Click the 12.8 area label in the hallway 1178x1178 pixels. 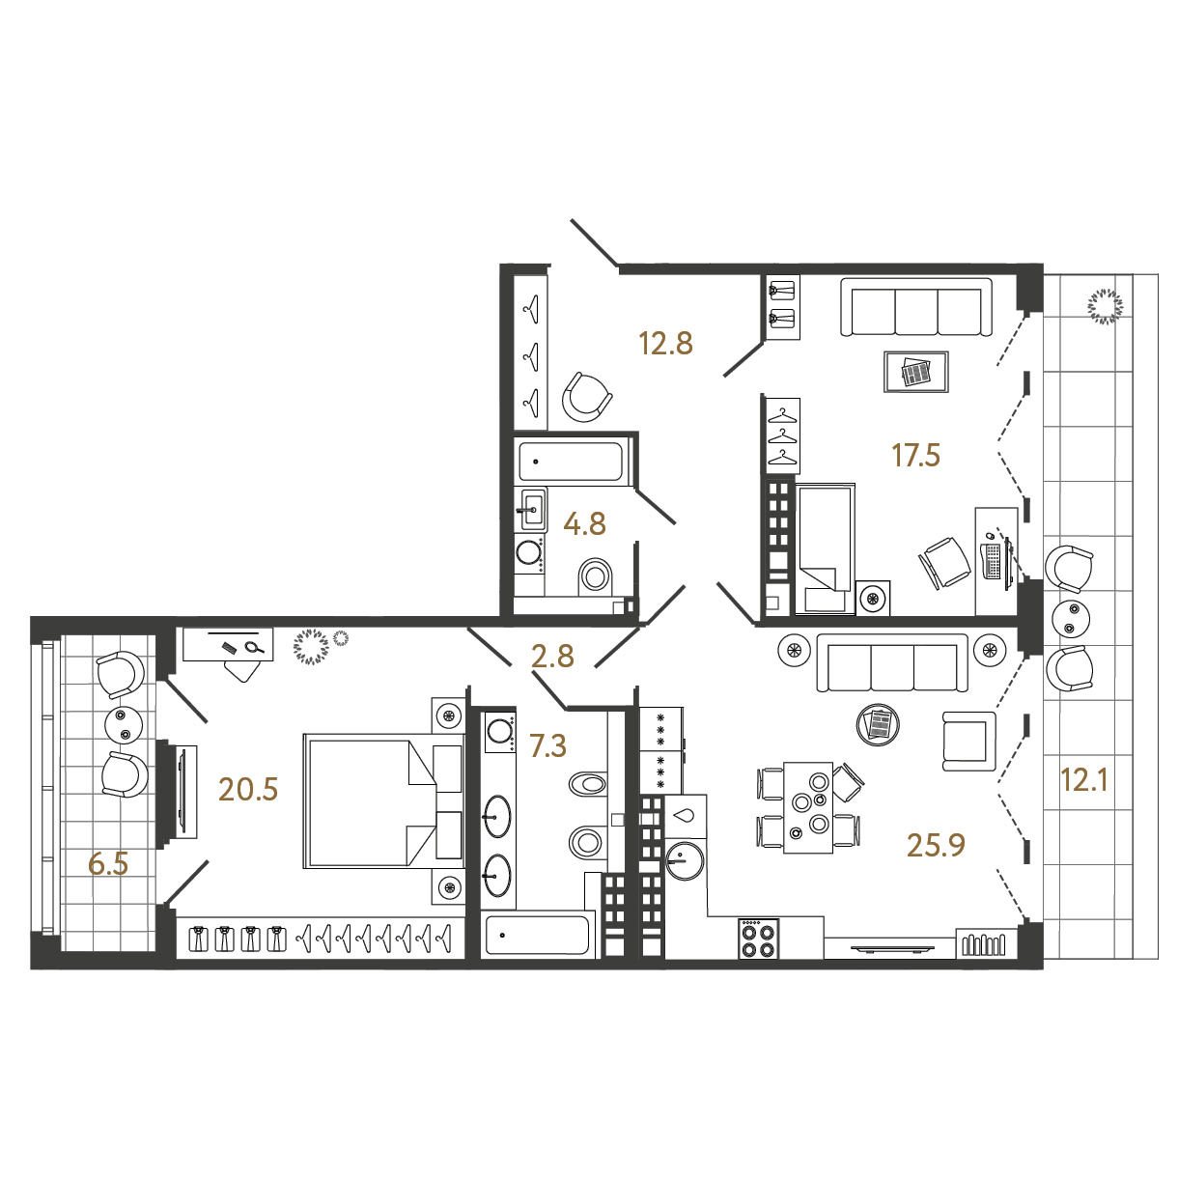click(x=665, y=344)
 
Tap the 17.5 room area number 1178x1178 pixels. click(x=915, y=456)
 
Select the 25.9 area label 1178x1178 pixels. click(x=936, y=846)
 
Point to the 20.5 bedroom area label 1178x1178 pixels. click(x=248, y=790)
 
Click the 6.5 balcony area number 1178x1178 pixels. click(x=108, y=864)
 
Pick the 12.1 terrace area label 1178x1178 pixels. click(x=1084, y=780)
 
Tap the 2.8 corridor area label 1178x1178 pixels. click(x=552, y=656)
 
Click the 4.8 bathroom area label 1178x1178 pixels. click(x=584, y=524)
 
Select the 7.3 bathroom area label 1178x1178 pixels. click(x=547, y=745)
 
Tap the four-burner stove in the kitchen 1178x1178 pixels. click(x=758, y=939)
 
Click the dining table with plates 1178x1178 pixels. click(x=807, y=807)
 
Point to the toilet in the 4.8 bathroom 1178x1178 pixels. click(x=595, y=575)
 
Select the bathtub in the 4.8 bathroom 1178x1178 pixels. click(x=571, y=462)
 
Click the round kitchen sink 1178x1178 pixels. click(x=686, y=860)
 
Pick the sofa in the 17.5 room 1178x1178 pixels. click(x=915, y=307)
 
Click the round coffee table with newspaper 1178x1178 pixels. click(x=878, y=725)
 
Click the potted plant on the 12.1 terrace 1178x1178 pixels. click(x=1106, y=306)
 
